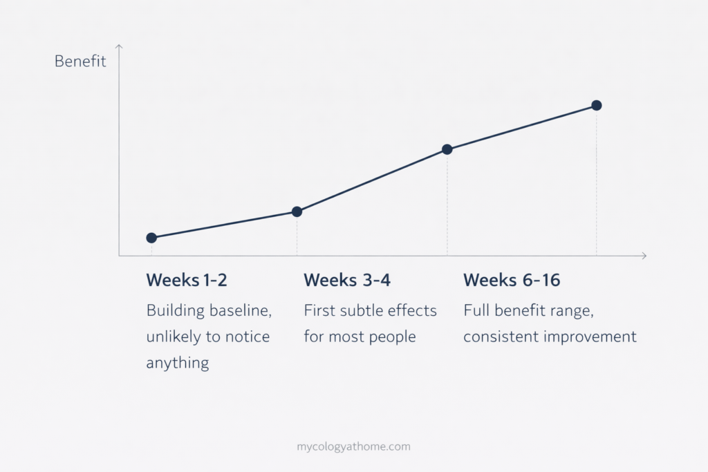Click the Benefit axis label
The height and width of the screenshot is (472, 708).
[x=80, y=62]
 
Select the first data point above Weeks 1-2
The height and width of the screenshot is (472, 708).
[x=151, y=238]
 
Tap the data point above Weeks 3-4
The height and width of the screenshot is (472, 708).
[x=297, y=211]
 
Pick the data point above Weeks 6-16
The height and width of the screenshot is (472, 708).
[x=447, y=149]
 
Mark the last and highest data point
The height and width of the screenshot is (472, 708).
[x=597, y=105]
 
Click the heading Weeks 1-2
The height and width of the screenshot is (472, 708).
[x=187, y=281]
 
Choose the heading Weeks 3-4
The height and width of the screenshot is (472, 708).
[x=344, y=281]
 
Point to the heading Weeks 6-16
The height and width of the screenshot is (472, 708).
[x=512, y=281]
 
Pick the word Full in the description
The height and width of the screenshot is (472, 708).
[x=476, y=311]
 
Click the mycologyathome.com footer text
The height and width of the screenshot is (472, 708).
[x=353, y=446]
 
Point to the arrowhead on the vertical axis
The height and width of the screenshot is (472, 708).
[x=119, y=47]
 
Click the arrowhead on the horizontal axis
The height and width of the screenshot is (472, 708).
[x=644, y=256]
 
